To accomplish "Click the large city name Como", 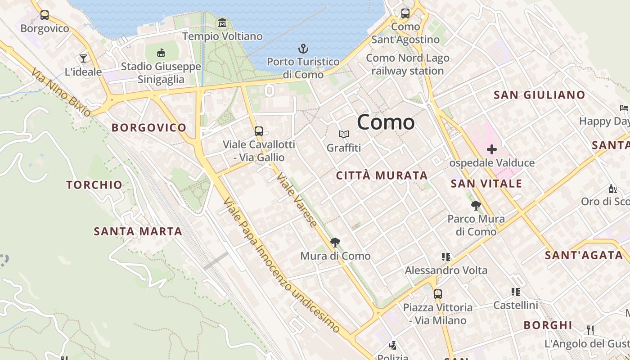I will click(x=386, y=122).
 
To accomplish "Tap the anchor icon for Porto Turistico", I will click(x=303, y=48).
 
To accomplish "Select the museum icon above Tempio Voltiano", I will click(x=222, y=22).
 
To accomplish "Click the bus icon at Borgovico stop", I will click(x=45, y=15).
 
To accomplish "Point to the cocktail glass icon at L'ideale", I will click(x=83, y=58).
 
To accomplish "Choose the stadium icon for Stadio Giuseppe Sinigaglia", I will click(x=161, y=53).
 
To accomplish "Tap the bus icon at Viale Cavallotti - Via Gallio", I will click(x=258, y=131).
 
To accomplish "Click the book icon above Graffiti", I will click(x=344, y=134).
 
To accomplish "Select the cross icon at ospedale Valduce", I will click(x=492, y=149).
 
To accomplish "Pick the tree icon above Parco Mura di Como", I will click(x=476, y=206).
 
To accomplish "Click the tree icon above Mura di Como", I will click(x=335, y=243).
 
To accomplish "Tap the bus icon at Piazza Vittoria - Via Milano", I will click(x=437, y=294).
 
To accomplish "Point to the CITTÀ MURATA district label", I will click(x=382, y=175).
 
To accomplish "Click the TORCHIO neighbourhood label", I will click(x=94, y=184).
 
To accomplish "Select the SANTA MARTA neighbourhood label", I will click(x=138, y=231).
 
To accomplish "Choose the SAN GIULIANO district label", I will click(x=539, y=95).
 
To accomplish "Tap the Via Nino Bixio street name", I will click(x=61, y=92).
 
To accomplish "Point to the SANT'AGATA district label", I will click(x=584, y=255).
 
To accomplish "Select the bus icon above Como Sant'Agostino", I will click(x=405, y=13).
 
